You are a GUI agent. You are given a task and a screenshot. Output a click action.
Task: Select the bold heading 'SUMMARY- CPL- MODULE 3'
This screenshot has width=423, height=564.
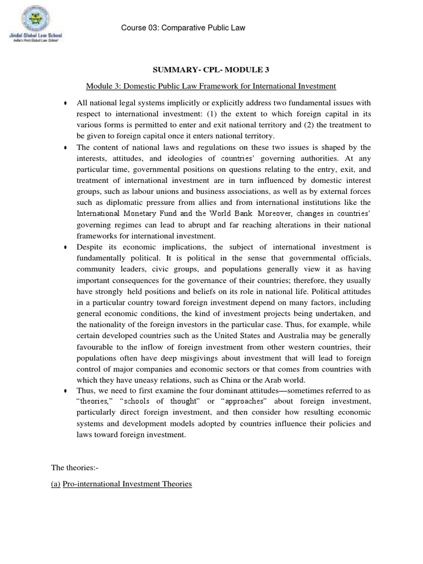pos(211,70)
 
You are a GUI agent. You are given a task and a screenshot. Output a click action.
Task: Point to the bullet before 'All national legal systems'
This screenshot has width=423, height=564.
pos(66,104)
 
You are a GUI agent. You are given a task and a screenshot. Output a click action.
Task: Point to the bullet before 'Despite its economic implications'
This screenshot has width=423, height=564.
pos(66,247)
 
